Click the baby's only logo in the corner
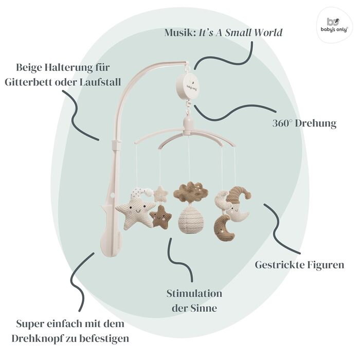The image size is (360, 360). [334, 25]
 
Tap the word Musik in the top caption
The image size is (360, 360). [180, 32]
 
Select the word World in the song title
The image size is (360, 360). [268, 32]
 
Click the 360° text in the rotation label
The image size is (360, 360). [282, 123]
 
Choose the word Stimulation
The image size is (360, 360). [194, 294]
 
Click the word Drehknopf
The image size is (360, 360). [37, 338]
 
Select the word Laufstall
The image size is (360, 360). [100, 82]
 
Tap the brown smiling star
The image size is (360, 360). [160, 217]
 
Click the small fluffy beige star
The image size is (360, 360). [160, 194]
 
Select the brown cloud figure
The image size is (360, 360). [191, 191]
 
